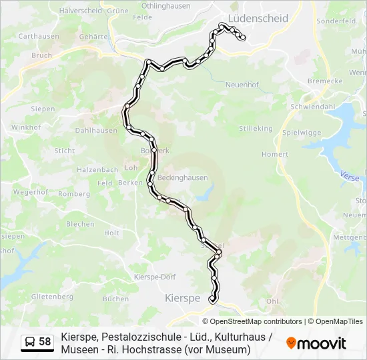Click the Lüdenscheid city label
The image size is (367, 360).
pos(258,18)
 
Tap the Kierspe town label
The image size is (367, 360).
pos(182,299)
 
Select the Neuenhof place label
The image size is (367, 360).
pos(242,85)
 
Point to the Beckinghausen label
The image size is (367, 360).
pos(182,178)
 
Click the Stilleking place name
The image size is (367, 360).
pos(256,128)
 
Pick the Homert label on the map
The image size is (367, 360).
pos(275,154)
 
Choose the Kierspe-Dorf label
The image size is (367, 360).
pos(155,277)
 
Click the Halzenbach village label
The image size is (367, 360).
pos(97,170)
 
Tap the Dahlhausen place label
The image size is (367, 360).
pos(96,131)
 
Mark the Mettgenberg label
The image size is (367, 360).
pos(350,237)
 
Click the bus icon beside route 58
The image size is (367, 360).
pos(31,342)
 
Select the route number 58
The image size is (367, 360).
pos(45,342)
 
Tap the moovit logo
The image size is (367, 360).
pos(316,343)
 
